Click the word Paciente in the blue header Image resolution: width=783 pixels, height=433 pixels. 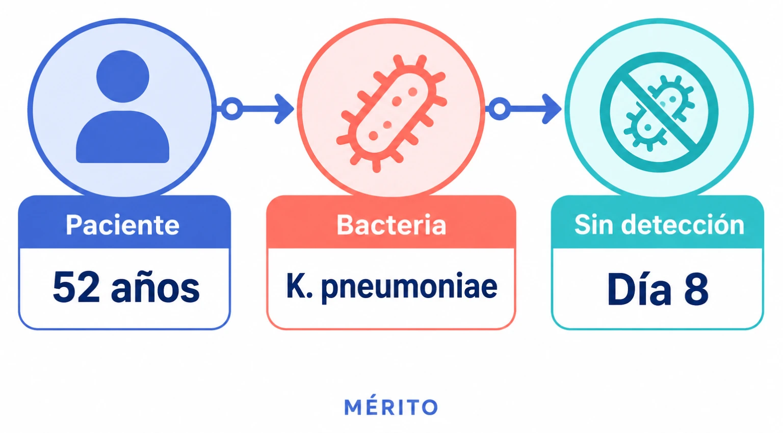[123, 225]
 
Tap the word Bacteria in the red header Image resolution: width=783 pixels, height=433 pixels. [391, 225]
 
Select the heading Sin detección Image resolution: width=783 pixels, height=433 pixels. [659, 225]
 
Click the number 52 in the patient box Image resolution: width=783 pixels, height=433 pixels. [76, 288]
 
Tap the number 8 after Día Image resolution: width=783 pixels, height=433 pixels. [697, 289]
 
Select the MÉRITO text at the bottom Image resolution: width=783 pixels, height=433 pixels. [391, 407]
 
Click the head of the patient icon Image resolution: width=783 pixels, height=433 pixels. [123, 76]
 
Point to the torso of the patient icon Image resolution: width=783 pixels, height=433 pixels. [123, 137]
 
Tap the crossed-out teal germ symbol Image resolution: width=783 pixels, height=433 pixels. [659, 112]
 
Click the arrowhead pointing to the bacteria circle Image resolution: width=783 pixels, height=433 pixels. [284, 109]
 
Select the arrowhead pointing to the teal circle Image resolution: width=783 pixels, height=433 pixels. [552, 109]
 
